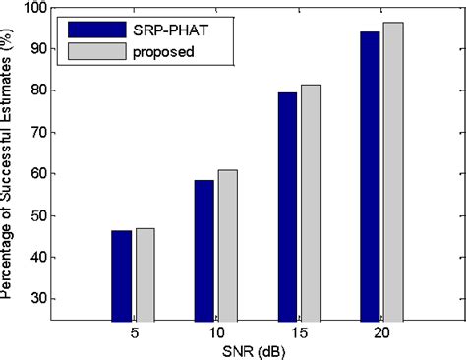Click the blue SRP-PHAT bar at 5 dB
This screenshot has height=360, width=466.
122,276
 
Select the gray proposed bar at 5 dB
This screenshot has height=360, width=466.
145,275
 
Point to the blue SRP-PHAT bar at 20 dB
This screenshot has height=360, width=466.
371,177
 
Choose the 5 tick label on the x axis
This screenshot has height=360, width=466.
134,334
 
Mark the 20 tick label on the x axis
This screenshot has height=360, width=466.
381,334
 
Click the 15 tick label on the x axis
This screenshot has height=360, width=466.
299,334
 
